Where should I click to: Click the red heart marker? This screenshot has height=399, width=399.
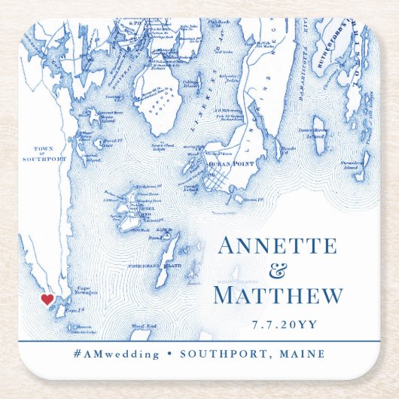pos(47,299)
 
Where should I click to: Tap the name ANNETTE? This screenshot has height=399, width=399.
pos(276,248)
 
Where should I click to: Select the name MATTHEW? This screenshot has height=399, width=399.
pos(278,296)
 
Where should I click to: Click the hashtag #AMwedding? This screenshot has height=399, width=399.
pos(117,354)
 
